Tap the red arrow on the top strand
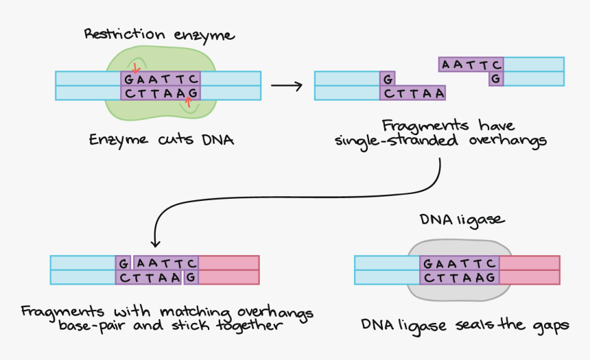pos(136,68)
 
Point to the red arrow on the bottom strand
pos(187,104)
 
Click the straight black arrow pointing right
pos(286,86)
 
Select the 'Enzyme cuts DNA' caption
pos(161,140)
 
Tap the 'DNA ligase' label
pos(461,219)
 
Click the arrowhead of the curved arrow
pos(156,242)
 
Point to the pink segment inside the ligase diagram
pos(529,270)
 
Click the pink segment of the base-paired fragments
pos(229,270)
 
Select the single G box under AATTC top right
pos(495,79)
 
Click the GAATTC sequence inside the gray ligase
pos(459,263)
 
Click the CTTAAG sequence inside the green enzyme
pos(161,93)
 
